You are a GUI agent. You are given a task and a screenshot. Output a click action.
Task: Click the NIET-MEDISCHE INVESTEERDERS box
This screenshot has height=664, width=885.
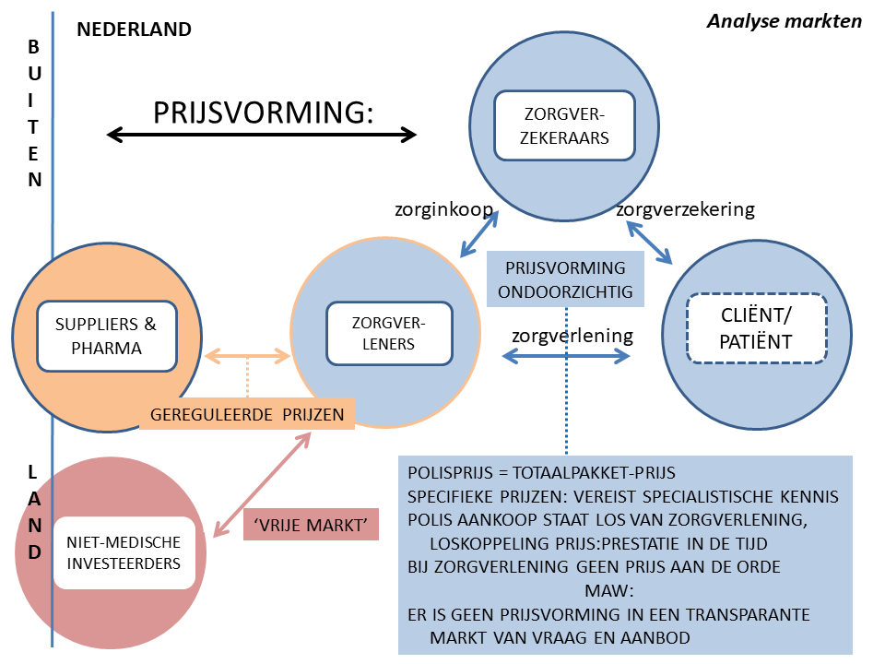pos(124,551)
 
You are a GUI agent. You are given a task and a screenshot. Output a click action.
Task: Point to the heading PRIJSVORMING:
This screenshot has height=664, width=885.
pos(264,112)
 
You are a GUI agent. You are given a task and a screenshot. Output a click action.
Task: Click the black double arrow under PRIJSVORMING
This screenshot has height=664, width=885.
pos(262,136)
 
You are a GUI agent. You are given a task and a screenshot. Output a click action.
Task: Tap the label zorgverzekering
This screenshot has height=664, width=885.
pos(685,209)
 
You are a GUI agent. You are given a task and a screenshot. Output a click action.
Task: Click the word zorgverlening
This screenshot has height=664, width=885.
pos(572,335)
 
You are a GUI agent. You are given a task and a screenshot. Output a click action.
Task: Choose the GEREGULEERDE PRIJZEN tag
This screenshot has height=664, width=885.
pos(247,415)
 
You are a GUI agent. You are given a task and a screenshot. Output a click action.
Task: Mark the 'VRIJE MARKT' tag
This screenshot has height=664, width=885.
pos(311,525)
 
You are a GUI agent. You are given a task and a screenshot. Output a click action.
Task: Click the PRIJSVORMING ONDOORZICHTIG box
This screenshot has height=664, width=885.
pos(565,280)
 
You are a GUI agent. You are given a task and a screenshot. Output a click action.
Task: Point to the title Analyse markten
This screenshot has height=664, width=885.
pos(785,21)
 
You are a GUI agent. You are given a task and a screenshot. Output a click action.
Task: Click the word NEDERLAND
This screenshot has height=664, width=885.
pos(134,30)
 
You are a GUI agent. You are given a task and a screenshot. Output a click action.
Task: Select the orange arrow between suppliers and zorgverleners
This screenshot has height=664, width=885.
pos(247,355)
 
